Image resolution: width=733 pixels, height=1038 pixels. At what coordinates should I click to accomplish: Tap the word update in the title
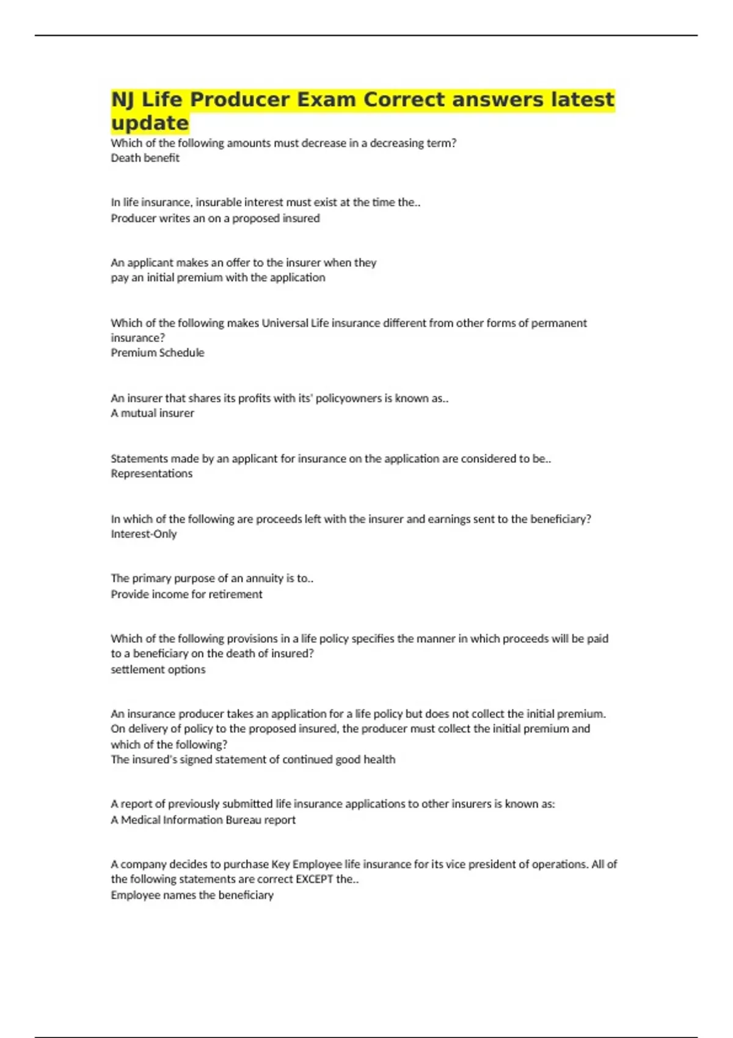click(x=150, y=123)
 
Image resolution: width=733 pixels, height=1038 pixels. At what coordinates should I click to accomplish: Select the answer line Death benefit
click(x=145, y=158)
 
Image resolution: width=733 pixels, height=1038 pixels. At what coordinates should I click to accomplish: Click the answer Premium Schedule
click(x=157, y=353)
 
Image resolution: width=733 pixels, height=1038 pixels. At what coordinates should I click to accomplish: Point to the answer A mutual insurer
click(x=152, y=413)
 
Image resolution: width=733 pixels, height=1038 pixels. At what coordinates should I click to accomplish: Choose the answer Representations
click(x=151, y=474)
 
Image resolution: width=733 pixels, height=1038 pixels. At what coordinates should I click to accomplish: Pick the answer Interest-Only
click(x=144, y=534)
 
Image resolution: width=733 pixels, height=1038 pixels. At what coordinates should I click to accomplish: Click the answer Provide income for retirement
click(x=186, y=595)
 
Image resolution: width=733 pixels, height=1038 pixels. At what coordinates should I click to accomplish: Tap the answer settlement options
click(x=158, y=670)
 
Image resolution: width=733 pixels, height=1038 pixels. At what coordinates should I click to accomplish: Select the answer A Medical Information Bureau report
click(x=203, y=820)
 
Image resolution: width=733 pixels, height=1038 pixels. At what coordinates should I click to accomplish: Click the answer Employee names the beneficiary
click(x=192, y=895)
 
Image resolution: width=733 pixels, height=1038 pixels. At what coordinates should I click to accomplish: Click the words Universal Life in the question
click(x=295, y=323)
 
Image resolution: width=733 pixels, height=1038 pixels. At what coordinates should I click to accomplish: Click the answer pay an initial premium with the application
click(x=217, y=278)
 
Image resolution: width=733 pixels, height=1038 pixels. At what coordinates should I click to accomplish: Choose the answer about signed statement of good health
click(x=253, y=760)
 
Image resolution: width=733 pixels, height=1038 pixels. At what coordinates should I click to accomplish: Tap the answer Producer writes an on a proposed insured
click(x=215, y=219)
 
